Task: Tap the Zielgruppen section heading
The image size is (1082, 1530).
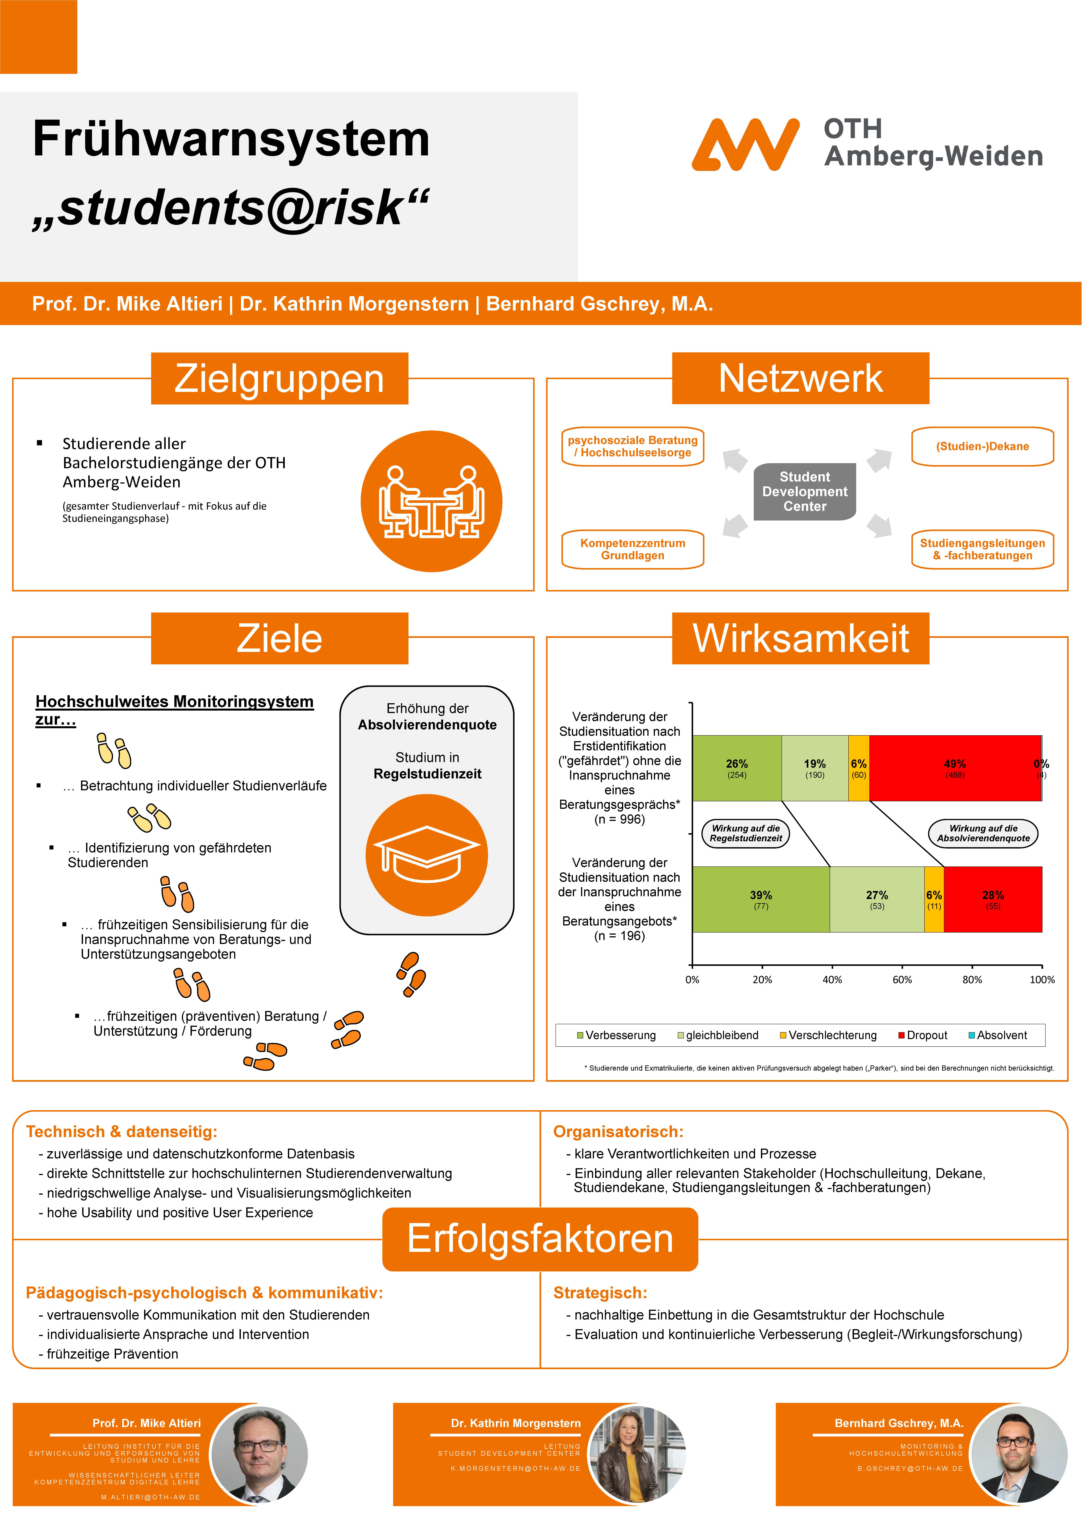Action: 279,378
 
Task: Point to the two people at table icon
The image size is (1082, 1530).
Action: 431,501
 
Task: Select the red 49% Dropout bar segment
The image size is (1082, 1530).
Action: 955,768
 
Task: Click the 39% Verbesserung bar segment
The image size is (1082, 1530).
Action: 761,899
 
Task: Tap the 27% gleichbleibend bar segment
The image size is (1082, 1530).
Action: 877,899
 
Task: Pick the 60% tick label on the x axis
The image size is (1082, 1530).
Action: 902,980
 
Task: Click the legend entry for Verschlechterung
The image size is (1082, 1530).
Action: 828,1035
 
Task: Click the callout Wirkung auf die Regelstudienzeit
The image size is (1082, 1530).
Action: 746,833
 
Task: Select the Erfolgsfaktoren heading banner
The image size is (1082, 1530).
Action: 540,1239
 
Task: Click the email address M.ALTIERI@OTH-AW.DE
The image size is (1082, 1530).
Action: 151,1497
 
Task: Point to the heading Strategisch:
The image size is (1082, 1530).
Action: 600,1293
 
